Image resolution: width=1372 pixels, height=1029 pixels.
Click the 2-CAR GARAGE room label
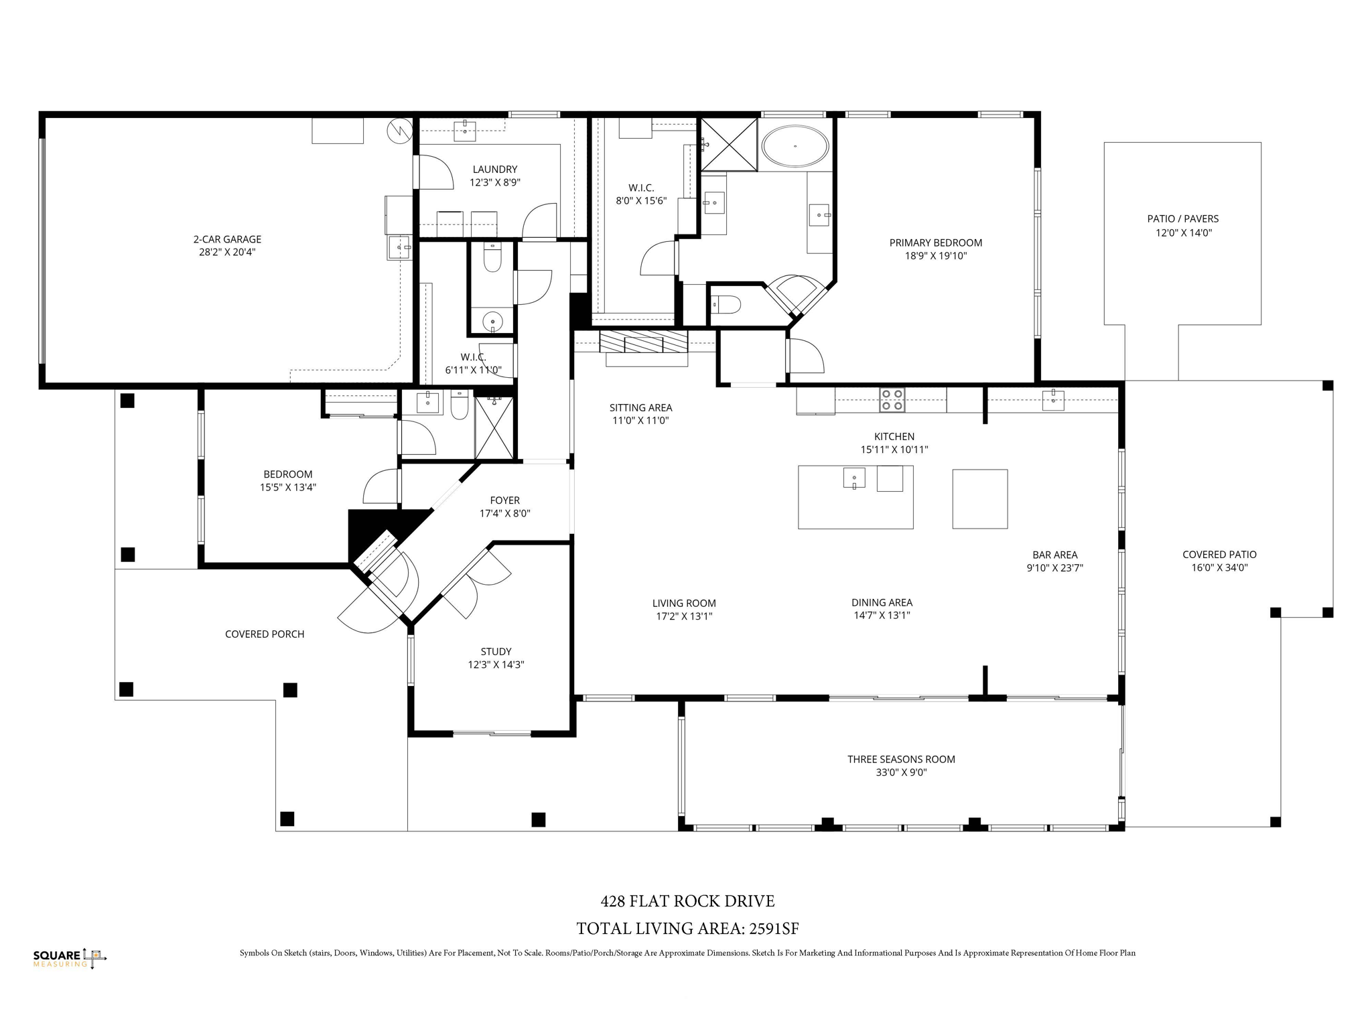pyautogui.click(x=227, y=239)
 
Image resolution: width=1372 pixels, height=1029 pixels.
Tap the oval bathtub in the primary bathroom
pyautogui.click(x=796, y=145)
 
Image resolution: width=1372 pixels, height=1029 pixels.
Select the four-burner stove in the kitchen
pyautogui.click(x=892, y=400)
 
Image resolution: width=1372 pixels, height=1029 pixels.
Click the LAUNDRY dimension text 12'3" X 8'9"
pyautogui.click(x=494, y=182)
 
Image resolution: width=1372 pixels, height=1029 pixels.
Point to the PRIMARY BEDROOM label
pyautogui.click(x=935, y=243)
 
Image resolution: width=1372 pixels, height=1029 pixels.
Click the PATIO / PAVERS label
pyautogui.click(x=1182, y=218)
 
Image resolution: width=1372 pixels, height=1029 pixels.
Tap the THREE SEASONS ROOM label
pyautogui.click(x=900, y=759)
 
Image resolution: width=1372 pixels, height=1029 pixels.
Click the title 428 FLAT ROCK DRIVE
pyautogui.click(x=687, y=901)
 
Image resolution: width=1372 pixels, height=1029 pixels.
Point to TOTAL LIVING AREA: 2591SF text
pyautogui.click(x=687, y=929)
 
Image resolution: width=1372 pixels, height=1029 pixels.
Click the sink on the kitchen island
pyautogui.click(x=853, y=478)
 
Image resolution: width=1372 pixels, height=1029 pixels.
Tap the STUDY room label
pyautogui.click(x=496, y=651)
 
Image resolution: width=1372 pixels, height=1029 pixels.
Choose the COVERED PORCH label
pyautogui.click(x=264, y=634)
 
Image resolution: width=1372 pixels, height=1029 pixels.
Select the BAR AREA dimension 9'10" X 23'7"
pyautogui.click(x=1054, y=567)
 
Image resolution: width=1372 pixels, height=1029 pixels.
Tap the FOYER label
pyautogui.click(x=504, y=500)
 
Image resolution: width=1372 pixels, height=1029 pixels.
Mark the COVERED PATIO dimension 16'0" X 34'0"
pyautogui.click(x=1219, y=567)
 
